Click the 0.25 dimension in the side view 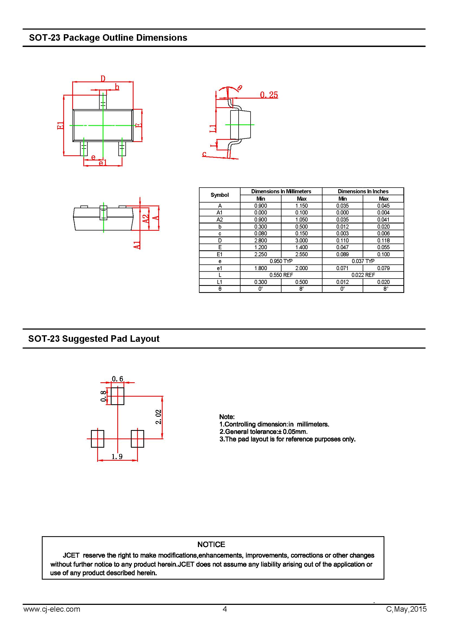269,95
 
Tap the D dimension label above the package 103,79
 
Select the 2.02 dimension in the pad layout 159,417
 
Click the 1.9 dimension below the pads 117,457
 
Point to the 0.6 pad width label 118,379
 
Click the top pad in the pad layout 118,396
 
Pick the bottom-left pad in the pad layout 98,439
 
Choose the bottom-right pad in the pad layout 137,439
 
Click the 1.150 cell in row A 301,206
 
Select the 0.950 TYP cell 281,261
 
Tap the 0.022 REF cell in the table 363,275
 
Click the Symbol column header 220,195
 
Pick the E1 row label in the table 220,254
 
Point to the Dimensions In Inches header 363,191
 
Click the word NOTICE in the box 211,545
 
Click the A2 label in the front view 146,219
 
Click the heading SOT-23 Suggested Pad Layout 94,339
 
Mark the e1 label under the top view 103,163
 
